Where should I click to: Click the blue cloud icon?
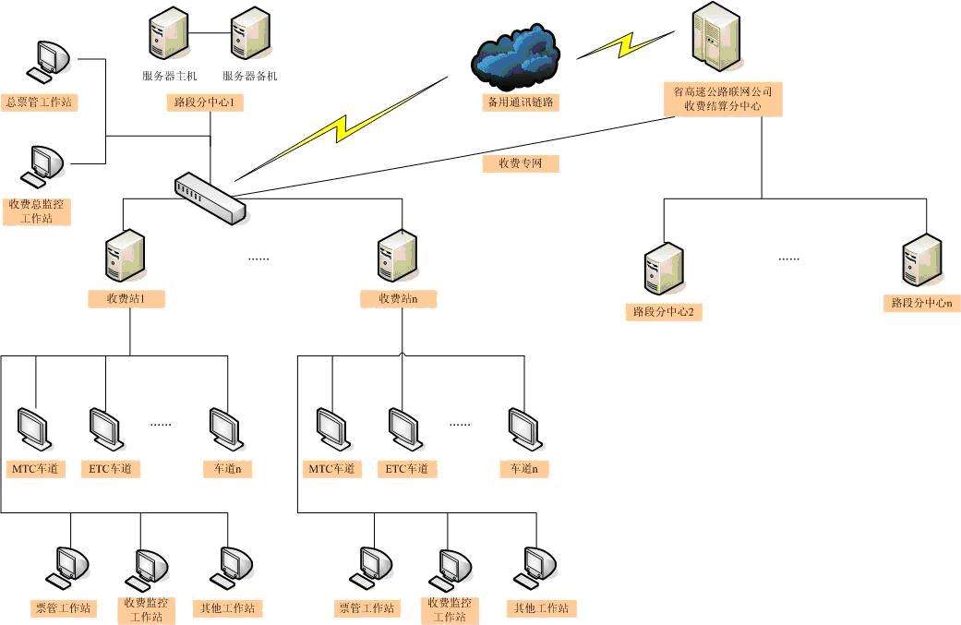(x=515, y=58)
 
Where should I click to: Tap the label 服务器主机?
(x=170, y=77)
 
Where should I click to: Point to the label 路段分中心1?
(x=204, y=102)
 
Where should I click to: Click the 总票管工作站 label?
(x=40, y=102)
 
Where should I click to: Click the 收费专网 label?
(x=521, y=163)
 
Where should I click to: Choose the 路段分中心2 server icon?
(x=663, y=270)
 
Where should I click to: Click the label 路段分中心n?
(x=921, y=303)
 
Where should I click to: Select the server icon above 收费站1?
(x=125, y=256)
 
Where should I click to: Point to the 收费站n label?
(x=397, y=299)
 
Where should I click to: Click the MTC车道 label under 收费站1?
(x=36, y=469)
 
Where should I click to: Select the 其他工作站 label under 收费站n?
(x=541, y=608)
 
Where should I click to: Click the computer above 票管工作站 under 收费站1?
(x=70, y=565)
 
